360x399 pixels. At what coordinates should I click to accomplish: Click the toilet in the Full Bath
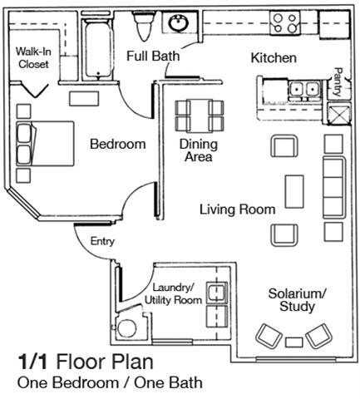(x=143, y=26)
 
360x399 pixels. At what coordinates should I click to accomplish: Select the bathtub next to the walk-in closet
(x=97, y=50)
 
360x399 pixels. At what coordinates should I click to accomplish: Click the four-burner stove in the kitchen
(x=285, y=23)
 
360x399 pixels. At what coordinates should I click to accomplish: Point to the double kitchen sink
(x=305, y=90)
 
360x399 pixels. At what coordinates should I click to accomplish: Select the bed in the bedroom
(x=45, y=144)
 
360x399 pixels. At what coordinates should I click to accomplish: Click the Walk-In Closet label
(x=33, y=58)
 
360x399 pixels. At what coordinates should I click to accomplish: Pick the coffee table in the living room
(x=294, y=191)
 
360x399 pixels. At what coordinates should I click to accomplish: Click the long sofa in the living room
(x=334, y=187)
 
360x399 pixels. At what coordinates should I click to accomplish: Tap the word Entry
(x=102, y=241)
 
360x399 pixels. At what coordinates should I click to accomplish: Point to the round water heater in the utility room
(x=126, y=328)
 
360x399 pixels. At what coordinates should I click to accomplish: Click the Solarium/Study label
(x=297, y=300)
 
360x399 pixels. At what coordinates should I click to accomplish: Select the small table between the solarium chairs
(x=294, y=342)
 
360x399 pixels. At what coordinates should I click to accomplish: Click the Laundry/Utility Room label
(x=173, y=293)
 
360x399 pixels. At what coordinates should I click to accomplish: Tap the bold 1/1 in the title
(x=32, y=362)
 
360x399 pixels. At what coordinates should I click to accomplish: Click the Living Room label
(x=238, y=209)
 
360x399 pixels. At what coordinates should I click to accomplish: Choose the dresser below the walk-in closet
(x=84, y=99)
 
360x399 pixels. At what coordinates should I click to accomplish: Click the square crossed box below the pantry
(x=339, y=114)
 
